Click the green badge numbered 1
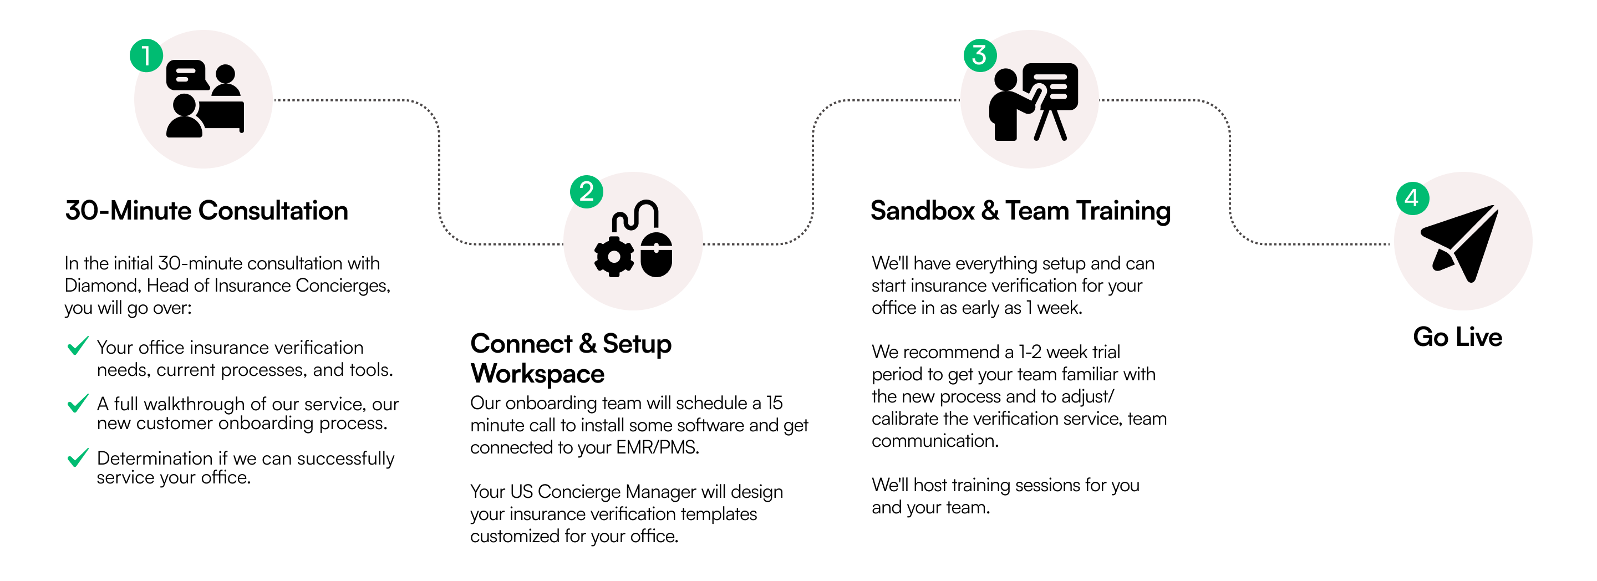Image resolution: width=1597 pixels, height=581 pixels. (x=146, y=56)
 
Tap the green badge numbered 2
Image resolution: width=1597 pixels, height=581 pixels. (x=586, y=192)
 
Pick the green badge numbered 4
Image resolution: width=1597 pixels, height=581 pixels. (x=1412, y=198)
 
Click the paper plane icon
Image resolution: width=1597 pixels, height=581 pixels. (x=1462, y=242)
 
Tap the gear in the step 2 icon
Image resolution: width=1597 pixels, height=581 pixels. (x=614, y=257)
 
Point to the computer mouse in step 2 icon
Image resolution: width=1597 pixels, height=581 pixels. (x=656, y=254)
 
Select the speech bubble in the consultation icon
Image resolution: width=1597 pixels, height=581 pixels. (x=186, y=75)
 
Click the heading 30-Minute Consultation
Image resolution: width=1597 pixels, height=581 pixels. (x=206, y=211)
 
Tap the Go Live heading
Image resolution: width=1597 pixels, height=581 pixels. (x=1457, y=337)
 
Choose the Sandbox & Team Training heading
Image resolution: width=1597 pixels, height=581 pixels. (x=1020, y=211)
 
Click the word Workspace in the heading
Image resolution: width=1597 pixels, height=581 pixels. (x=537, y=374)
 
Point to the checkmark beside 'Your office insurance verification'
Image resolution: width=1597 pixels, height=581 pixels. (x=78, y=346)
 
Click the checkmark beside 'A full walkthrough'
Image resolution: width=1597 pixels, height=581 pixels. (x=78, y=403)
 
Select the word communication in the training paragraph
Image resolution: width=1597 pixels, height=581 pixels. (x=934, y=441)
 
